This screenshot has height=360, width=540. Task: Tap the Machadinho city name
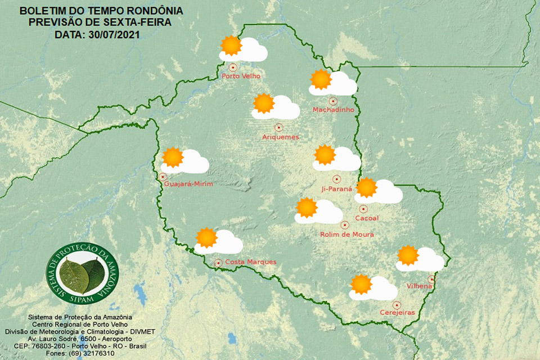coord(334,110)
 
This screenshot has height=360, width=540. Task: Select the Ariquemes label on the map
coord(281,137)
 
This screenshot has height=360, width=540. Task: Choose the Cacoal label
coord(367,218)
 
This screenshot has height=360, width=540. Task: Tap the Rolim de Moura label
coord(346,234)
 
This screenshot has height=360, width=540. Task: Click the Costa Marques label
coord(250,262)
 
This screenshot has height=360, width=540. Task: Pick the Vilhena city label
coord(419,286)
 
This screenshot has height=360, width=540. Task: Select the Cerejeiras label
coord(397,313)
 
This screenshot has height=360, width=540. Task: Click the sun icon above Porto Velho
coord(231,46)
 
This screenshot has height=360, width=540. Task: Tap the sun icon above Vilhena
coord(407,255)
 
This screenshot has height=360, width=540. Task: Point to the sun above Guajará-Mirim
coord(173,157)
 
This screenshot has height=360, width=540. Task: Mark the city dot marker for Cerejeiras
coord(397,304)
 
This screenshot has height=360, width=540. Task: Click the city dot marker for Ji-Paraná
coord(336,179)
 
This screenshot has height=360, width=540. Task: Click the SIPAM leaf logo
coord(82,274)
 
